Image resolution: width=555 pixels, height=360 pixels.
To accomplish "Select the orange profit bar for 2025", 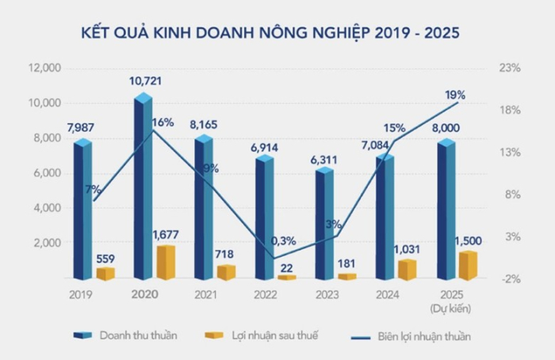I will (469, 266).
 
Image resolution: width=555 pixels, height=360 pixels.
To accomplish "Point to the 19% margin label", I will (455, 94).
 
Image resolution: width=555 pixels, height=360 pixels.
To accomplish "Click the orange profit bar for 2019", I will (105, 274).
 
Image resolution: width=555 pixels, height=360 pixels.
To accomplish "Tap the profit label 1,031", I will (407, 249).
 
